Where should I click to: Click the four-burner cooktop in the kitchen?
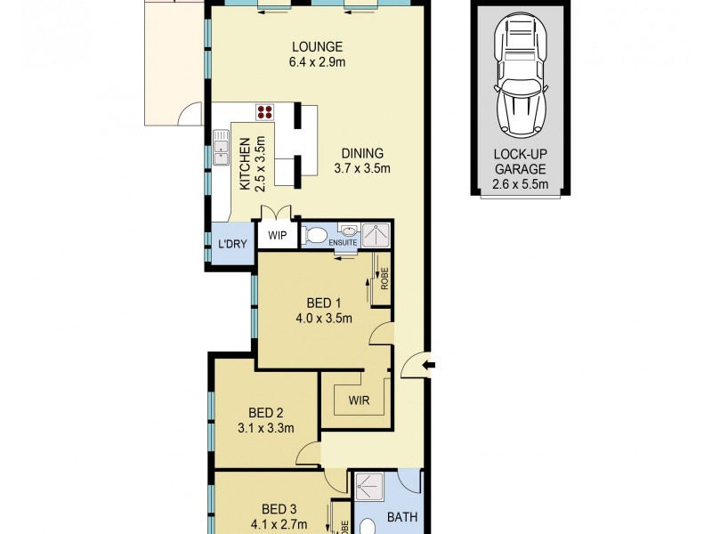click(265, 112)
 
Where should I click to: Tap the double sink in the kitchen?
click(220, 148)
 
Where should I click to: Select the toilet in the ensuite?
click(314, 236)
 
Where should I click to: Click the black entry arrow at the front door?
click(430, 364)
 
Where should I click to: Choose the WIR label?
click(358, 400)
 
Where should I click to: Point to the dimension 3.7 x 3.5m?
click(362, 168)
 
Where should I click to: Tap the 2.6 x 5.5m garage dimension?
click(520, 185)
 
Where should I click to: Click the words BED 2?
click(265, 412)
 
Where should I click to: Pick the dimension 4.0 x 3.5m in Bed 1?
click(324, 318)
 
